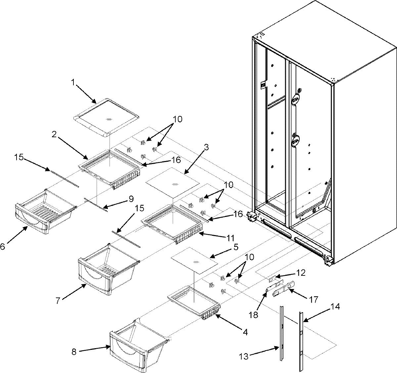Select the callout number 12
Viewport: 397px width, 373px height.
click(301, 273)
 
